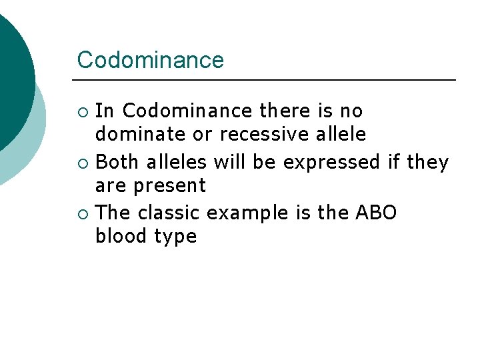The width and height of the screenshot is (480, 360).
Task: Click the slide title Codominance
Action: [x=151, y=60]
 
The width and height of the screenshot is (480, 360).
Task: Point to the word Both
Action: [x=119, y=161]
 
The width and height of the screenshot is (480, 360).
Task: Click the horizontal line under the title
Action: [x=267, y=80]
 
